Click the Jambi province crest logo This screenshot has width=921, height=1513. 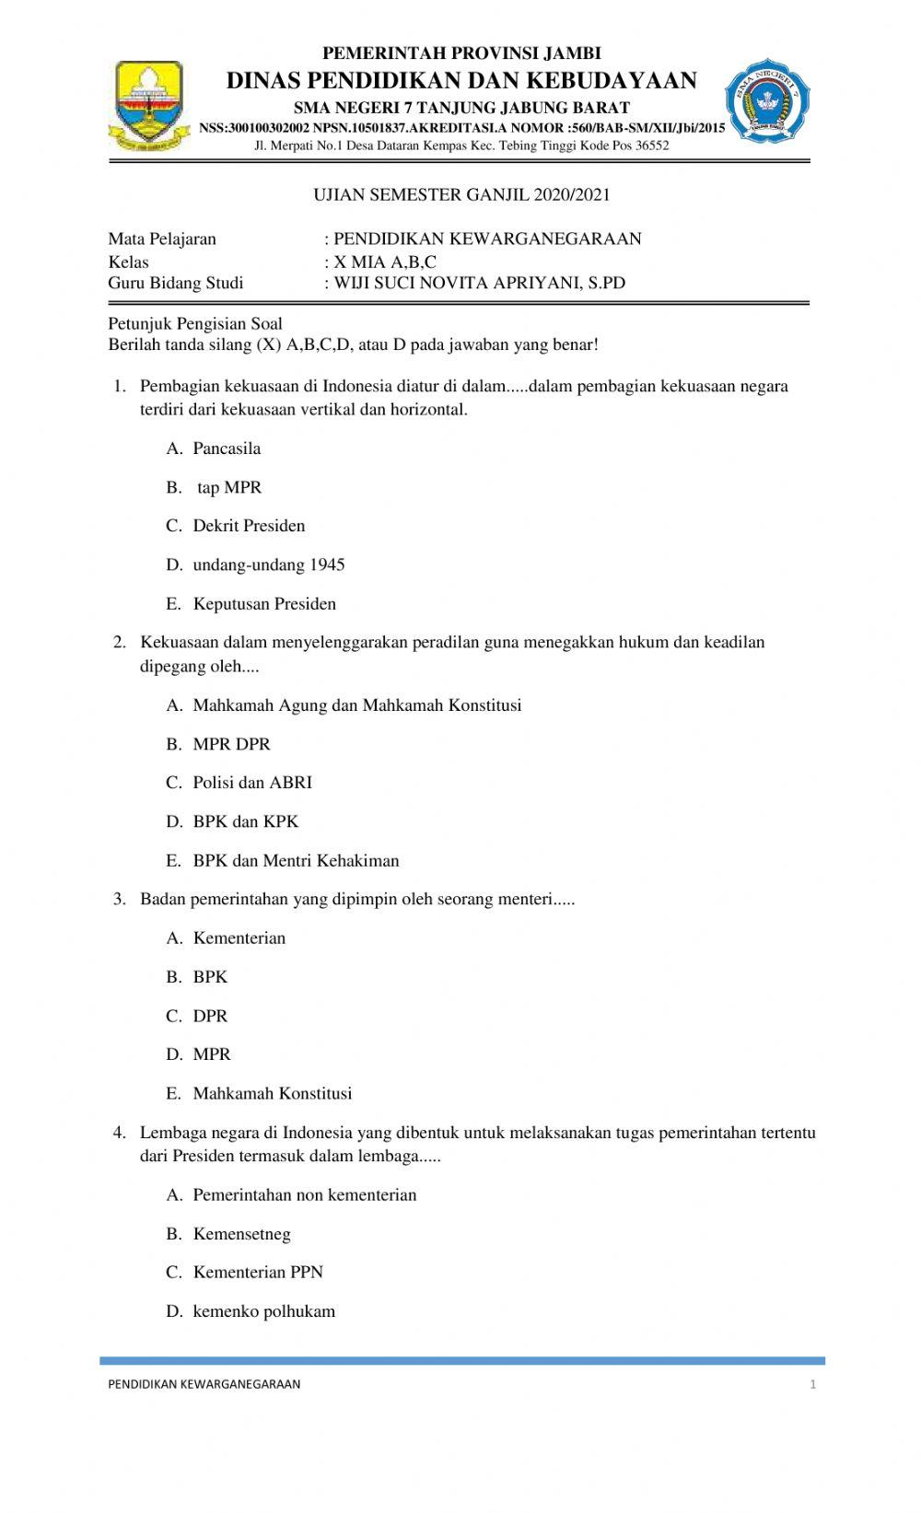(148, 105)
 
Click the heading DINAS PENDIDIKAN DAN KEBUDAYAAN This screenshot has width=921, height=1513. (461, 81)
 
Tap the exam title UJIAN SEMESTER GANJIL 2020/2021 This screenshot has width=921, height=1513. (461, 195)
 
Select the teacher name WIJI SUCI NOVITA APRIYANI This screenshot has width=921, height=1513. (479, 284)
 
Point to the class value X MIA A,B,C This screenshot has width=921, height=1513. (385, 262)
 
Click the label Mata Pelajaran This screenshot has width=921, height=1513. (162, 239)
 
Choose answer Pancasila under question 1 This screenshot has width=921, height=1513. (227, 448)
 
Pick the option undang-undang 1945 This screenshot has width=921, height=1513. (268, 564)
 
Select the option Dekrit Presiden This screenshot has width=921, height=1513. (249, 526)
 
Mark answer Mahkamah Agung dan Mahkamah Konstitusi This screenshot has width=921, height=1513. (356, 705)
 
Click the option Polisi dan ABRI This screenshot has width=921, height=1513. (252, 783)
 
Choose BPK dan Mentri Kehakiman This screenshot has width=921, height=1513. (296, 861)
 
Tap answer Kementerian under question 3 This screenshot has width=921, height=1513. (239, 938)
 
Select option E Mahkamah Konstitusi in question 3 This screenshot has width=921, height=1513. (272, 1094)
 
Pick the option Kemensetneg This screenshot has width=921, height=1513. (241, 1234)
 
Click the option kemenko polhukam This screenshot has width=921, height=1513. (263, 1311)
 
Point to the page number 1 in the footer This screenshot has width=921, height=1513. (812, 1384)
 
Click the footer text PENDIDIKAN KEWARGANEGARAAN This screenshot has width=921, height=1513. (204, 1384)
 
